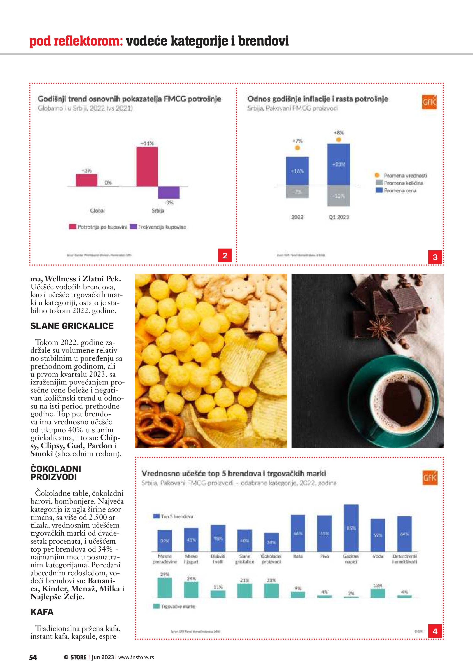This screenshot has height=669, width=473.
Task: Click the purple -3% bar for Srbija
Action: [x=169, y=192]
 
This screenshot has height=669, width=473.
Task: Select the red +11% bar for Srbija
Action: [x=147, y=166]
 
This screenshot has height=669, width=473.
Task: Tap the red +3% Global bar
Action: [x=86, y=180]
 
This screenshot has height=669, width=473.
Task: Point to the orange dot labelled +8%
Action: [x=338, y=140]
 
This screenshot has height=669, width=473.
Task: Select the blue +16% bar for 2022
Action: [x=297, y=171]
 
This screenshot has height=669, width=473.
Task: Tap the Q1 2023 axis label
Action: [x=338, y=217]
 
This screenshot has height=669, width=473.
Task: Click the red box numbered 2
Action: [x=225, y=255]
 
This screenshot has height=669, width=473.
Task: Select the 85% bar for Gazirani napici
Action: [x=351, y=528]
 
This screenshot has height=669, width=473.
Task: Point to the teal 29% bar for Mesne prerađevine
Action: [x=165, y=588]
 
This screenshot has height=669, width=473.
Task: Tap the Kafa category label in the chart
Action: [x=298, y=556]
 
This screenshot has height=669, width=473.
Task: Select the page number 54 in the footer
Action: [x=33, y=657]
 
